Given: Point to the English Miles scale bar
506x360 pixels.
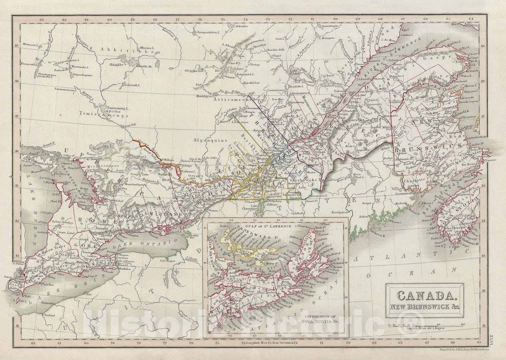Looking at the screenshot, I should (426, 333).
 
